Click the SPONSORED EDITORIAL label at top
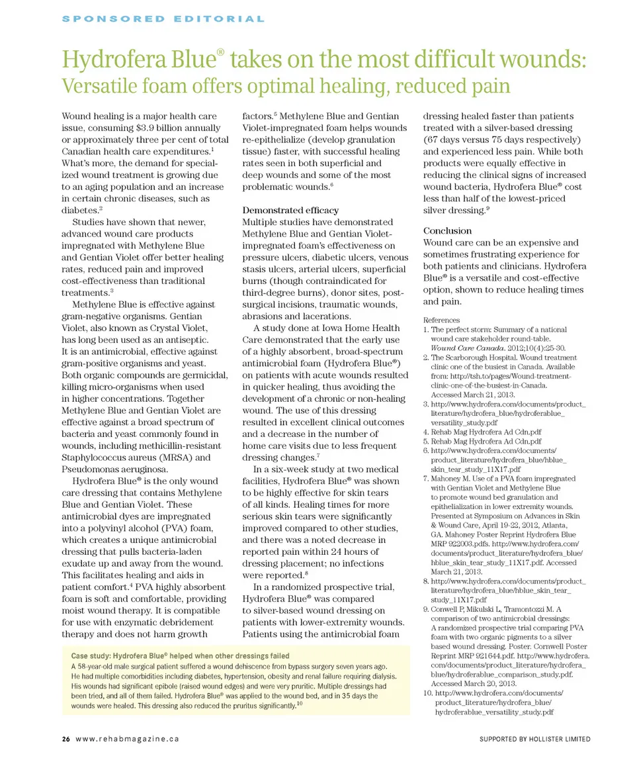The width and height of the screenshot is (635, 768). (x=163, y=19)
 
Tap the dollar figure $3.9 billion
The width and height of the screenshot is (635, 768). (x=169, y=128)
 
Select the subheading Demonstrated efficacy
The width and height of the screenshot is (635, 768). (x=290, y=210)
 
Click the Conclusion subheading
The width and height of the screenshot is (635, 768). (x=447, y=230)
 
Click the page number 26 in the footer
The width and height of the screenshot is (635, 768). (x=66, y=739)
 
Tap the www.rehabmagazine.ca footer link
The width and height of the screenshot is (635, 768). (x=127, y=739)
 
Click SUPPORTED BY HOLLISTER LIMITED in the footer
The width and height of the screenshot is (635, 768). (x=535, y=739)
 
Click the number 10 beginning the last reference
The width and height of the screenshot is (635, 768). (x=427, y=693)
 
